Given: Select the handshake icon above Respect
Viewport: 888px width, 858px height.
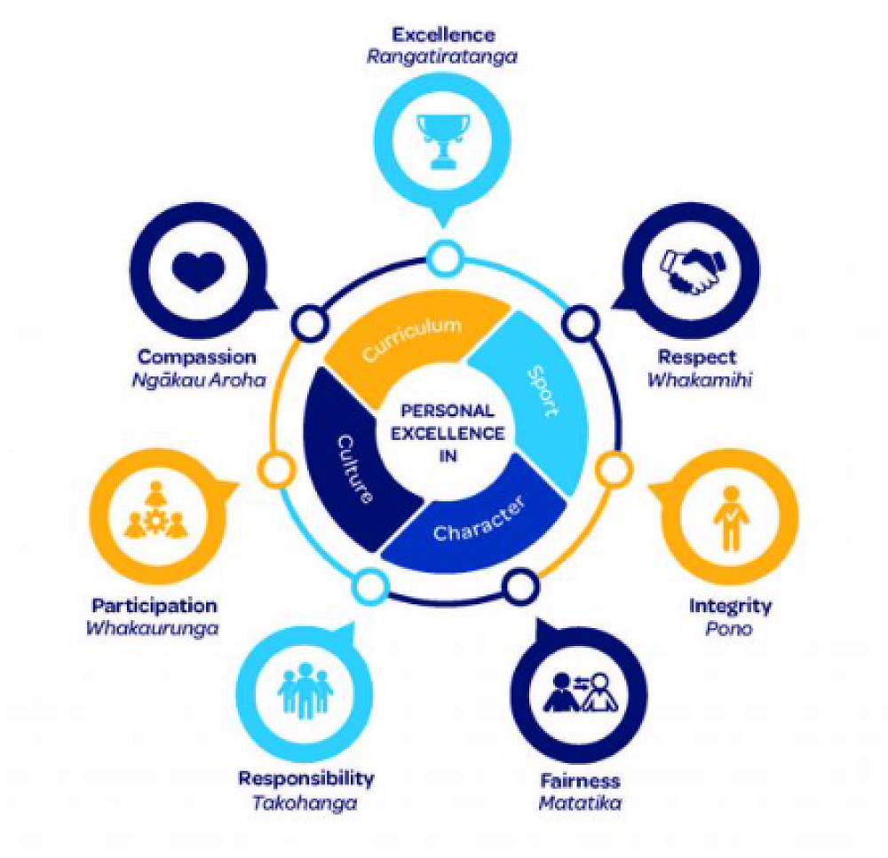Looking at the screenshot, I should pos(690,270).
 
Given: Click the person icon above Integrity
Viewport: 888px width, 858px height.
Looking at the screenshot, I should pos(730,518).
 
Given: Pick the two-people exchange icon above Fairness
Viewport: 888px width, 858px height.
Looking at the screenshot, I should pos(579,691).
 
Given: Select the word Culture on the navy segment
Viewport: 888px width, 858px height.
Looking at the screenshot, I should pos(353,468).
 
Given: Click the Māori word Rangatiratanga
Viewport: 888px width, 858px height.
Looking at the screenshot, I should pos(442,57).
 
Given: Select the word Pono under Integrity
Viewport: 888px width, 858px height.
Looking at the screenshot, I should pos(730,628).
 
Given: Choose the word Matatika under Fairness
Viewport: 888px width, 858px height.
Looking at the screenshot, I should pos(579,803).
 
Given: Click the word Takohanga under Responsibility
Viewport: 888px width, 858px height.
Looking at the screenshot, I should pos(305,801).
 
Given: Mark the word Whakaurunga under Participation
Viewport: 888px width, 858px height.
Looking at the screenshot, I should pos(153,628).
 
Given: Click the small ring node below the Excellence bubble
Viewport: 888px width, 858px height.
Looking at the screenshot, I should pos(441,259).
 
